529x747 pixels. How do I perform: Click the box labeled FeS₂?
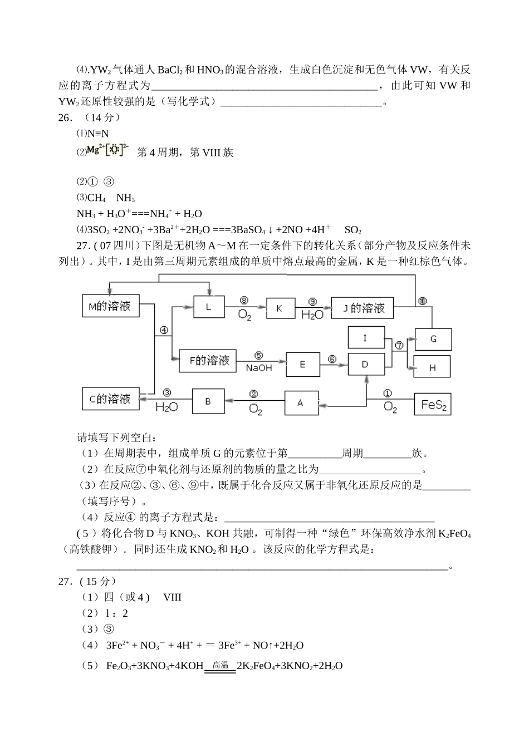[x=433, y=405]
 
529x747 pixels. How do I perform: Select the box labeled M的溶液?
[x=110, y=307]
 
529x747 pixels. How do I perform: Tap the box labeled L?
[x=209, y=307]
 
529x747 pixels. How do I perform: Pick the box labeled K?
[x=280, y=308]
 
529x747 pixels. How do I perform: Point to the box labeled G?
[x=433, y=339]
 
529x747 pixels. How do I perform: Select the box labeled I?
[x=366, y=338]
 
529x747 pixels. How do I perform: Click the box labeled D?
[x=366, y=365]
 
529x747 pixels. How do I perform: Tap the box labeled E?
[x=303, y=364]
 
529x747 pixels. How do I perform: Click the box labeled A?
[x=301, y=402]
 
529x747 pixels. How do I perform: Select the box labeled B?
[x=208, y=401]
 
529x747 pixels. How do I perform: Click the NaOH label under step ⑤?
[x=259, y=368]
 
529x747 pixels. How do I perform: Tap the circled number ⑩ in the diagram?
[x=423, y=301]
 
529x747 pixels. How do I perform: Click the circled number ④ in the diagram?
[x=164, y=330]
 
